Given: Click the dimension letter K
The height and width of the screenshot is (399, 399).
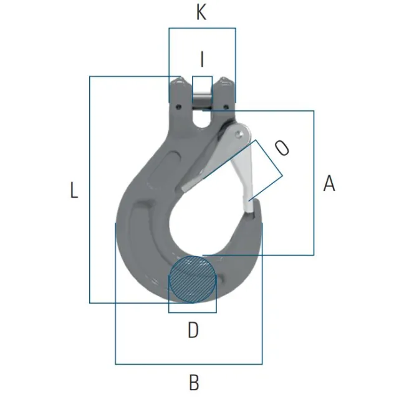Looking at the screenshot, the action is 201,12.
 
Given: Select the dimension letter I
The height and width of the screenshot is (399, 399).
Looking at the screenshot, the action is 202,59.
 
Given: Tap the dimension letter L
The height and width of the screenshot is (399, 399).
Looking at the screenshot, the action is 74,190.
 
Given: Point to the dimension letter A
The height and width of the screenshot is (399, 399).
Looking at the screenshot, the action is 329,183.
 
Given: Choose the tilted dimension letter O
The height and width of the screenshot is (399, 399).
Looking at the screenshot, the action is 282,148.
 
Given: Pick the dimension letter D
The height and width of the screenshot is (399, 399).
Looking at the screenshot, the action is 193,330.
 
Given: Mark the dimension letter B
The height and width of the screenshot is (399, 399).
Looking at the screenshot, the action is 194,382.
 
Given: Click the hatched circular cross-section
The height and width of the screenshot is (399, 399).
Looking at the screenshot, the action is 193,279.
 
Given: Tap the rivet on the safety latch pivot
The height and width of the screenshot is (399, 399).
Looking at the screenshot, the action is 239,134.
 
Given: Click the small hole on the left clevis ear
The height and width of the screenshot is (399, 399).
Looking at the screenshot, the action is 179,107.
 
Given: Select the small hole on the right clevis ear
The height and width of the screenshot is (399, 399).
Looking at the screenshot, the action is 225,107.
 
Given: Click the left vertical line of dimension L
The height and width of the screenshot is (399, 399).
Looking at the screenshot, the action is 90,190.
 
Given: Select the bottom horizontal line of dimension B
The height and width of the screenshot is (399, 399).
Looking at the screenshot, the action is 189,364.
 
